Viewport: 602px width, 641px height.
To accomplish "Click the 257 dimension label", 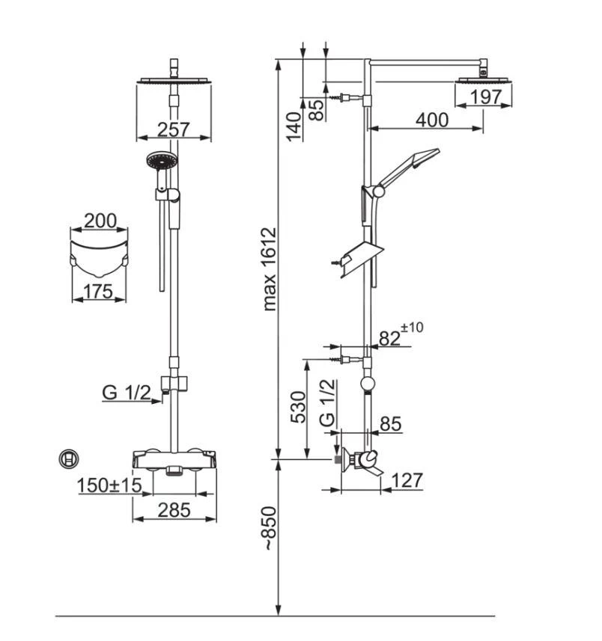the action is coord(174,129).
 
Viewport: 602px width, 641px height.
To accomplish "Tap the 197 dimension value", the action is coord(485,97).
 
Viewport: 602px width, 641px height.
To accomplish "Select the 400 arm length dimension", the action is coord(432,120).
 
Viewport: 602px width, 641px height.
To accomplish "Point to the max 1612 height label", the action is coord(270,269).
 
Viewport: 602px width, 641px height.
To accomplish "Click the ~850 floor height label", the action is coord(270,529).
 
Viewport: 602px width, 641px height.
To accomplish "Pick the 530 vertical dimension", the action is coord(298,407).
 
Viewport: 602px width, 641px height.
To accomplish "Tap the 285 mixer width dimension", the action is coord(174,510).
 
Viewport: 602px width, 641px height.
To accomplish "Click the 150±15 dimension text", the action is coord(109,485).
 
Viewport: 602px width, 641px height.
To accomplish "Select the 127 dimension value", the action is coord(407,480).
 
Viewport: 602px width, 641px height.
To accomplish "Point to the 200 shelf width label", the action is coord(100,221).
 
